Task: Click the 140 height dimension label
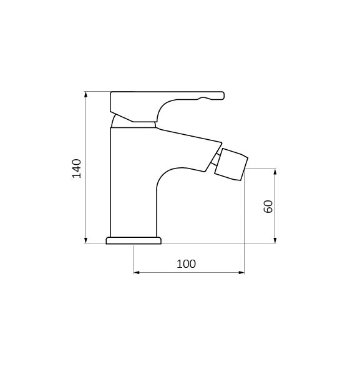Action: (77, 169)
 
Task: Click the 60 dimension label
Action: (268, 207)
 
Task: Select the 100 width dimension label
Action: (186, 264)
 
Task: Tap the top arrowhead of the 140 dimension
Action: (85, 94)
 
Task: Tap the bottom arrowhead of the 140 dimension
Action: (85, 240)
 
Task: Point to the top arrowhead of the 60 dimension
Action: (275, 172)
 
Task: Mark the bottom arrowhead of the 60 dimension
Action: (275, 240)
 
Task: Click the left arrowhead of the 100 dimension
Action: (137, 272)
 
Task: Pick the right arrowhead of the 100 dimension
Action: (241, 272)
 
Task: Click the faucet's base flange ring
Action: (134, 240)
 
